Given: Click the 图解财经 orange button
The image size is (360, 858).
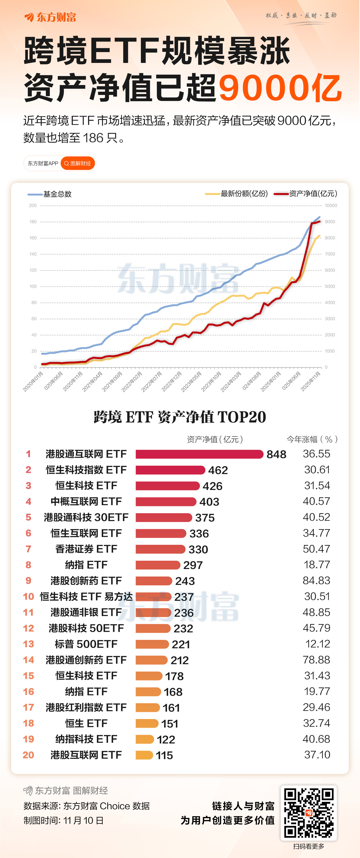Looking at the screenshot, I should tap(78, 163).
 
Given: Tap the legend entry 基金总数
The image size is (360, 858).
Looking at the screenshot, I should tap(57, 194).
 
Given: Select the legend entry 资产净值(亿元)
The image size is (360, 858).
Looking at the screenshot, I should tap(313, 194).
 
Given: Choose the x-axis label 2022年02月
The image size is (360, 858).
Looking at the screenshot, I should tap(132, 381).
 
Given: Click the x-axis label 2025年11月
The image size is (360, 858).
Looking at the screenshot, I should tap(311, 381).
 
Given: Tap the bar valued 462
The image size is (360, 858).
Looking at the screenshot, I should tap(170, 470).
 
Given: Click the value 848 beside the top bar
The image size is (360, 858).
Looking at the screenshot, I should tap(276, 454).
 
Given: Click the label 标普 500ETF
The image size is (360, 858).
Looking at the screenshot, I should tap(86, 644).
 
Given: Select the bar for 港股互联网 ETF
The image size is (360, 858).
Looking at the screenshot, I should tap(144, 755).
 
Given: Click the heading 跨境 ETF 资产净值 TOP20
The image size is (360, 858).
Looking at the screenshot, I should tap(180, 417).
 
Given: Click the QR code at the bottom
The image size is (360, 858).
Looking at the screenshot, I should tap(308, 813).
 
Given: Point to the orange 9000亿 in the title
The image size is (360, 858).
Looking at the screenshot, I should tap(280, 88).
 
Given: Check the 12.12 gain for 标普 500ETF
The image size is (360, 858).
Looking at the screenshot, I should tap(317, 644).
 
